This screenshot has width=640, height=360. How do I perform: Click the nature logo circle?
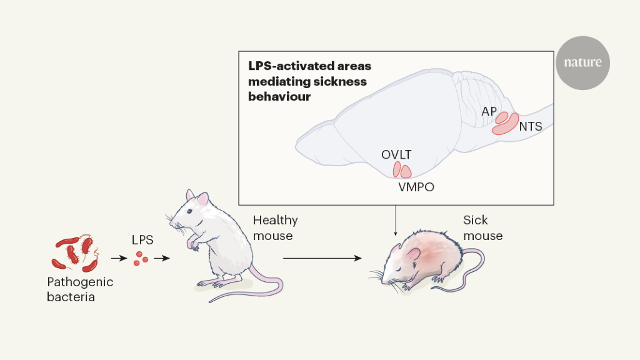coord(582,62)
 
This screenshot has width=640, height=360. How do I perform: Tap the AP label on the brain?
coord(489,111)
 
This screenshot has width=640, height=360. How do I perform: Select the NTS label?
coord(530,126)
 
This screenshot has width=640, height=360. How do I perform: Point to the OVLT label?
coord(396,154)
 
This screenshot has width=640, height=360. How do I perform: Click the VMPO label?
coord(416,186)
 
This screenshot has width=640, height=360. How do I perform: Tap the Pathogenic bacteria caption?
coord(80,289)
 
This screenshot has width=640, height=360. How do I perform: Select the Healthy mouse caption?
coord(275,227)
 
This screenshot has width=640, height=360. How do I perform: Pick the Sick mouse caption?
coord(482,227)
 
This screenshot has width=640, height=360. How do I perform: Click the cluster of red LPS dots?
coord(141,258)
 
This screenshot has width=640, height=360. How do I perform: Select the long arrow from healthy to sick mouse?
coord(322,257)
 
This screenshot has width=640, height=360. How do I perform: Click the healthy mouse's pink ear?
coord(202,199)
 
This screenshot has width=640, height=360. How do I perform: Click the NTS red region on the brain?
coord(506,124)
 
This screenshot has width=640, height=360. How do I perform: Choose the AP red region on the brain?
coord(501,117)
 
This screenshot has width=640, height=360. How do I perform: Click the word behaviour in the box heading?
coord(279,97)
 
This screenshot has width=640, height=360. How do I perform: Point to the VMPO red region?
coord(406,171)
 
